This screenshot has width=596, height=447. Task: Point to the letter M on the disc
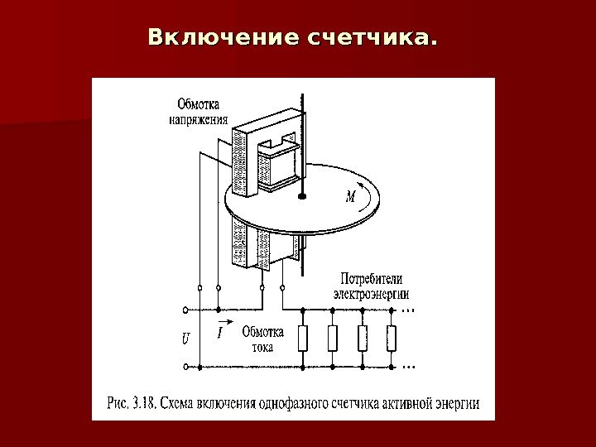coord(350,197)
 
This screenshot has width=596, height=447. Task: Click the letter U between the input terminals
coord(185,338)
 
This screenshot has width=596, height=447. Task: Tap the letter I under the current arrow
coord(220,333)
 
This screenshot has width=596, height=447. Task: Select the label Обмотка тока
coord(262,339)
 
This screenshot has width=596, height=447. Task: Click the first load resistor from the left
coord(303,338)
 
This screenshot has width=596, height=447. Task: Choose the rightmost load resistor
coord(392,338)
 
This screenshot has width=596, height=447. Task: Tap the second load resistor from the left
coord(333,338)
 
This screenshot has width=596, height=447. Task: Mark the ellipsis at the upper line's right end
coord(407,311)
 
